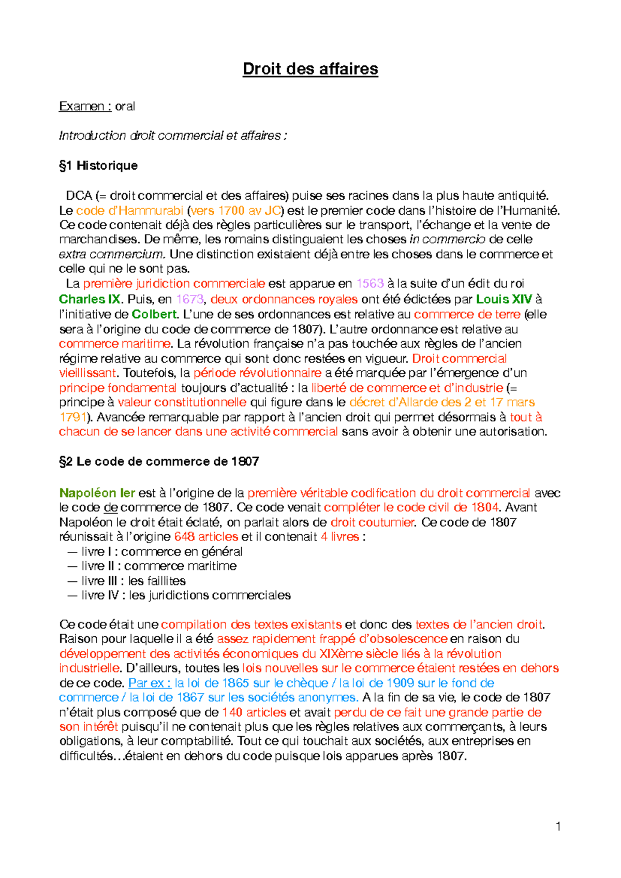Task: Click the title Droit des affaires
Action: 310,69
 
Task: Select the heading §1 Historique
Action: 98,166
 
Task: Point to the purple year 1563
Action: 370,284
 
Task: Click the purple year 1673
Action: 189,299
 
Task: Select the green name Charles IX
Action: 90,299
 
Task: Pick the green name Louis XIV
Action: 504,299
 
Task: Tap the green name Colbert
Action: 154,314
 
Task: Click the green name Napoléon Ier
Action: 97,493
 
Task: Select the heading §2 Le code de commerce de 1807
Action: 159,461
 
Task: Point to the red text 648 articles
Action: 206,537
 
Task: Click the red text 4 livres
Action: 339,537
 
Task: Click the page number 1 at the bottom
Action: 558,826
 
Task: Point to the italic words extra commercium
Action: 112,254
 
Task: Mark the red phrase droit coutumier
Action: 372,522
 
